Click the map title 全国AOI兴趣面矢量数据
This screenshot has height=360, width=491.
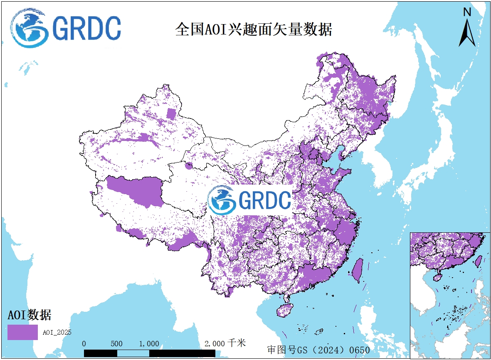point(254,30)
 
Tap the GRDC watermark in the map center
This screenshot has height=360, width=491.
point(250,200)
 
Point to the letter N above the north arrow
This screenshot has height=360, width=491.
point(467,12)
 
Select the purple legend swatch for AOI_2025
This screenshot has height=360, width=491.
point(22,332)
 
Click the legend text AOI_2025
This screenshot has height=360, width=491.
point(57,332)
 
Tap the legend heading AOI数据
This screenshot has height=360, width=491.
point(30,315)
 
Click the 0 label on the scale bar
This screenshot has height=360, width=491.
point(84,344)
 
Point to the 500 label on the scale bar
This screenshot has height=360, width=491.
point(117,344)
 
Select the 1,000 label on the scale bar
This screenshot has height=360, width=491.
point(149,344)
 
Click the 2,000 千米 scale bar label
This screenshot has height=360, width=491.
point(225,343)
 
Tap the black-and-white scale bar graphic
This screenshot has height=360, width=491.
point(150,353)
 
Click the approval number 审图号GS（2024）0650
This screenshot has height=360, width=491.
point(318,350)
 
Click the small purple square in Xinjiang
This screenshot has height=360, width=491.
point(171,113)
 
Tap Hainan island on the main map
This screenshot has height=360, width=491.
point(285,310)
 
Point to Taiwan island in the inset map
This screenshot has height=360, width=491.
point(479,261)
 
